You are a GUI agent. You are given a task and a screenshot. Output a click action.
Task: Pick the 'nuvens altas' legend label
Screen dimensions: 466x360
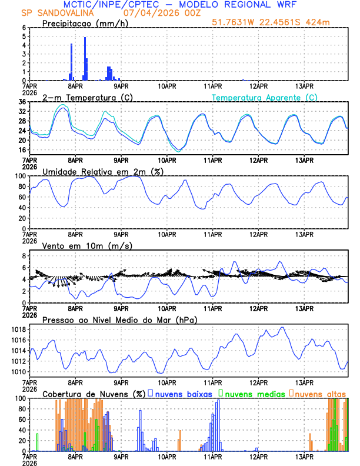pyautogui.click(x=320, y=394)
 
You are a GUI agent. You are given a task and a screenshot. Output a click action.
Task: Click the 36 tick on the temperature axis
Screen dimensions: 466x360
pyautogui.click(x=22, y=102)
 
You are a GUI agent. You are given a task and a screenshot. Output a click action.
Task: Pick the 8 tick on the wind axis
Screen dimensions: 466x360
pyautogui.click(x=24, y=256)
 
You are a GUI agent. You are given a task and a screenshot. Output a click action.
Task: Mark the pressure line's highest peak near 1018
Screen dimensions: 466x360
pyautogui.click(x=283, y=327)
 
